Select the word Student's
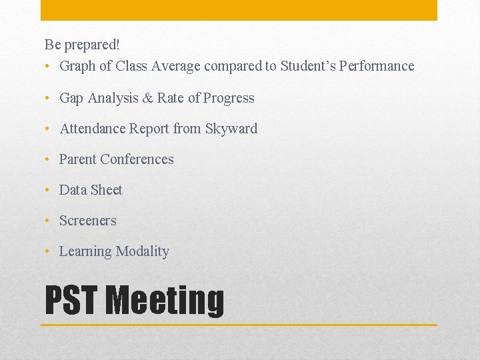(x=307, y=66)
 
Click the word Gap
(x=71, y=98)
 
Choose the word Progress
(x=229, y=98)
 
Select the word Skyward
(x=231, y=129)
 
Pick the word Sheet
(x=107, y=190)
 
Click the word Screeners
(x=87, y=221)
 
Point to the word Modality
(x=142, y=251)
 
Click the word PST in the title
(x=71, y=300)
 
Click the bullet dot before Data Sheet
(x=48, y=190)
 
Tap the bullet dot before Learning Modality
(x=48, y=251)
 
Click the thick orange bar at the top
(x=239, y=10)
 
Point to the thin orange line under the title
(x=239, y=325)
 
